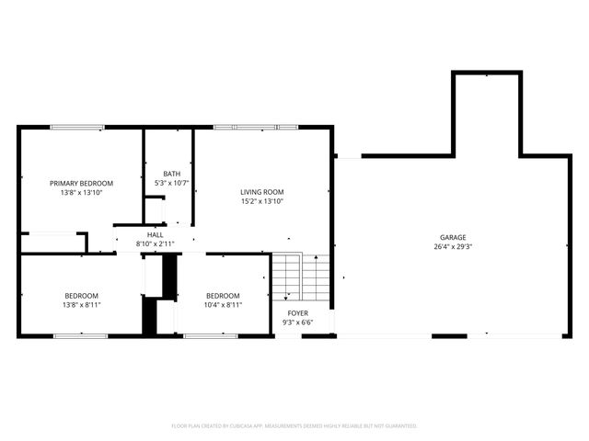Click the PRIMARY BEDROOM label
[81, 183]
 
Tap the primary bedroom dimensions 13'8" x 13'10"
[81, 192]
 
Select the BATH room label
[172, 174]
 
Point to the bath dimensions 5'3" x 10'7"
[172, 183]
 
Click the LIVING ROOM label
[262, 191]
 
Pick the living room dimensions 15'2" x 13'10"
[262, 200]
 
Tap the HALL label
[155, 235]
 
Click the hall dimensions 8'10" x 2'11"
[155, 244]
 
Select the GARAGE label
[452, 237]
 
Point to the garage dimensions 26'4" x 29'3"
[452, 246]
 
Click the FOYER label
[298, 313]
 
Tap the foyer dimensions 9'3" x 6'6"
[298, 322]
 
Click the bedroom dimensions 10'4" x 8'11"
[223, 304]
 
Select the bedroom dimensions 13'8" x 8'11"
[81, 304]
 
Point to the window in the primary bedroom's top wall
[77, 127]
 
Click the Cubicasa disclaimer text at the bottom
[294, 426]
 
